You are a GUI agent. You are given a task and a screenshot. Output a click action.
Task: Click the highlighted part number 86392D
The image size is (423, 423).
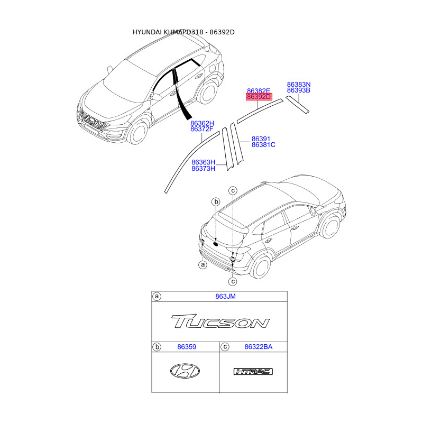click(259, 97)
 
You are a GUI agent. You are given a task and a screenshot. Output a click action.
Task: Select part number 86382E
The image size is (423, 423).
click(259, 91)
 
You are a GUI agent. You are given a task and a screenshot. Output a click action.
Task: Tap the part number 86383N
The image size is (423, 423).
click(299, 84)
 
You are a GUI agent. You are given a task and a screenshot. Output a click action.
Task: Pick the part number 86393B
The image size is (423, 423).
click(299, 90)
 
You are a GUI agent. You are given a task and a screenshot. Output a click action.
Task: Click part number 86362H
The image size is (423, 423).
click(202, 123)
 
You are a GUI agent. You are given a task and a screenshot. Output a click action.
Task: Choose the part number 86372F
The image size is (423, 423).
click(202, 129)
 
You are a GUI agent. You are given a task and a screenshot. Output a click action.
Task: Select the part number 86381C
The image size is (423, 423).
click(263, 145)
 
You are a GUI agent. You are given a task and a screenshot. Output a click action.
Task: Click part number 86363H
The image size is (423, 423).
click(203, 162)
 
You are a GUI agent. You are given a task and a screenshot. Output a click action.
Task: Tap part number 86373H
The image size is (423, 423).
click(203, 169)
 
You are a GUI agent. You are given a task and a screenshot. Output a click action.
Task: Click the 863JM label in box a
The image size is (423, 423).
click(225, 297)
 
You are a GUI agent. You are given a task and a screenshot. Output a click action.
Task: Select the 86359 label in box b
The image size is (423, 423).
click(186, 347)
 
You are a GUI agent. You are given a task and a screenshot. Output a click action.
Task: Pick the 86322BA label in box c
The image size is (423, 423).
click(259, 347)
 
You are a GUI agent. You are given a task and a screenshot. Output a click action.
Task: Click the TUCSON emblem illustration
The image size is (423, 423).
click(220, 321)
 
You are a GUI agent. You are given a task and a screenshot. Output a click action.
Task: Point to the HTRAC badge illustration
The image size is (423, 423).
click(253, 372)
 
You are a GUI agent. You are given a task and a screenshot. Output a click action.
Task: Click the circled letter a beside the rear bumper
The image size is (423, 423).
click(203, 264)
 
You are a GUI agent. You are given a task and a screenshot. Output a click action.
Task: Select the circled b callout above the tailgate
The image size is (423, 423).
click(216, 201)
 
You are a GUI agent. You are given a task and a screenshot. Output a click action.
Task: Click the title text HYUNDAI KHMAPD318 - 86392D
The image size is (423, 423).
click(183, 32)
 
